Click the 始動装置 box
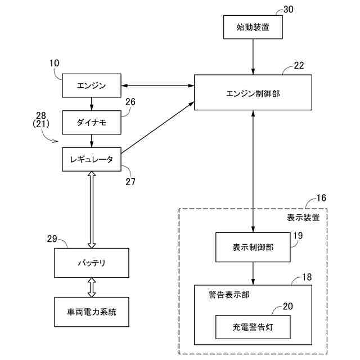pyautogui.click(x=253, y=27)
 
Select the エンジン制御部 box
pyautogui.click(x=253, y=92)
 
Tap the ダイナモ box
pyautogui.click(x=92, y=123)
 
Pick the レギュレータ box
pyautogui.click(x=92, y=159)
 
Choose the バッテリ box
pyautogui.click(x=92, y=263)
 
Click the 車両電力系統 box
pyautogui.click(x=92, y=312)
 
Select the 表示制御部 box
pyautogui.click(x=253, y=247)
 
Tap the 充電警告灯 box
pyautogui.click(x=253, y=327)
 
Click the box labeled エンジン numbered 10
pyautogui.click(x=92, y=85)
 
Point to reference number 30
pyautogui.click(x=289, y=10)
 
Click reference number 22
pyautogui.click(x=299, y=65)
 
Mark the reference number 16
pyautogui.click(x=321, y=198)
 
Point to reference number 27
pyautogui.click(x=130, y=182)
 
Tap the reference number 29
pyautogui.click(x=52, y=238)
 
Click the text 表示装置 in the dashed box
pyautogui.click(x=303, y=218)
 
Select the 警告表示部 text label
pyautogui.click(x=229, y=295)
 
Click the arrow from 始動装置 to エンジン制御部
pyautogui.click(x=253, y=57)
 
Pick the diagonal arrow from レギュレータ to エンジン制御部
pyautogui.click(x=157, y=128)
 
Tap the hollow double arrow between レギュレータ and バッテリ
pyautogui.click(x=92, y=210)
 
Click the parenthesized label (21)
pyautogui.click(x=41, y=124)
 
